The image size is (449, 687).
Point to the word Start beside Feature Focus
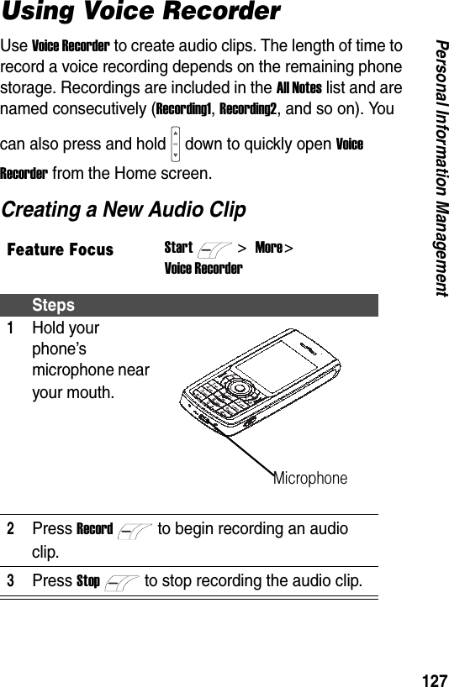tap(178, 248)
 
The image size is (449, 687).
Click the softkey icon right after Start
tap(213, 249)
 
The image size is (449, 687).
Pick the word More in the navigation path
tap(268, 248)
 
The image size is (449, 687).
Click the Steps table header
tap(54, 305)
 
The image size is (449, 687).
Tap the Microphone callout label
tap(309, 478)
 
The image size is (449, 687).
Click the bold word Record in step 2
tap(94, 529)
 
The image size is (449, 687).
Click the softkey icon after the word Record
tap(135, 530)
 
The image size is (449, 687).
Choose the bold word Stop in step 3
tap(88, 581)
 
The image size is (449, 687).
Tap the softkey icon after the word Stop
tap(123, 582)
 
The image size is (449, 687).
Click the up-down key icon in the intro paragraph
tap(175, 144)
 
